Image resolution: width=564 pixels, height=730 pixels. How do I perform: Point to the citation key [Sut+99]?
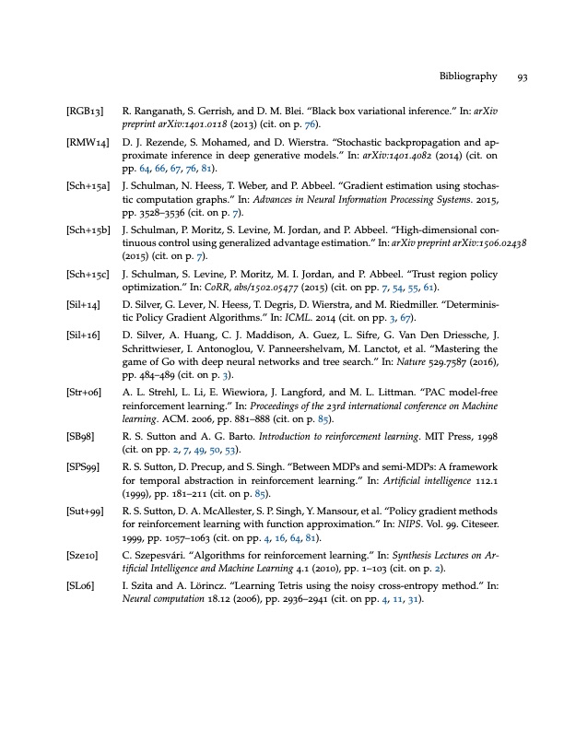coord(84,537)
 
